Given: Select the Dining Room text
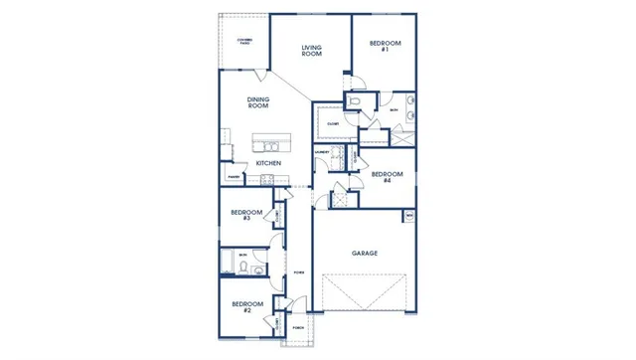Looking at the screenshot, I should (258, 101).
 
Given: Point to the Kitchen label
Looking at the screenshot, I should (268, 162).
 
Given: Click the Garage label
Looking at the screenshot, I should (364, 253).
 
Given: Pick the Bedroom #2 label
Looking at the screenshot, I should (246, 306).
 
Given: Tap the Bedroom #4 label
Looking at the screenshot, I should (387, 177).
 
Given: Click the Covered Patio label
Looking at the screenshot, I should (243, 41).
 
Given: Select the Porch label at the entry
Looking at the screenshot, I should (297, 327).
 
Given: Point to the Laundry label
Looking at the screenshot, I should (323, 152).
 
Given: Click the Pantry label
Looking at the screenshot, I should (233, 177).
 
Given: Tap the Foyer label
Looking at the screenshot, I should (298, 271).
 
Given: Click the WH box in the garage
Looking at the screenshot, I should (407, 216).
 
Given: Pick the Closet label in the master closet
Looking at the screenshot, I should (332, 123).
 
